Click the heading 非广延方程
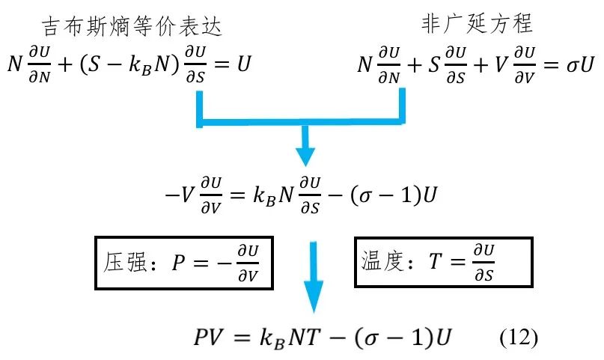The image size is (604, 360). [477, 25]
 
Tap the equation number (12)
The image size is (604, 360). [518, 336]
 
